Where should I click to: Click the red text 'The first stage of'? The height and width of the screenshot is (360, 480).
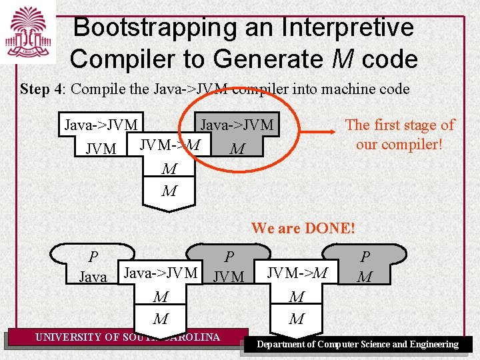tap(399, 125)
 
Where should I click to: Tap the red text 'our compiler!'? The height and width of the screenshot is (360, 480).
tap(399, 143)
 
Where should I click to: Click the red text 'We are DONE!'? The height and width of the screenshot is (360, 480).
tap(303, 228)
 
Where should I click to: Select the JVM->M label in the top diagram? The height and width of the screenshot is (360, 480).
tap(169, 144)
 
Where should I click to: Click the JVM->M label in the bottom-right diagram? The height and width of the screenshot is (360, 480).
tap(297, 272)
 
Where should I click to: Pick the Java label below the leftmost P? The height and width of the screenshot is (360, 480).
tap(93, 277)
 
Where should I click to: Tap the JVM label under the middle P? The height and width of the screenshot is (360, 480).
tap(229, 276)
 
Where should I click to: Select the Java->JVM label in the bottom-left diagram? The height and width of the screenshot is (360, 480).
tap(161, 272)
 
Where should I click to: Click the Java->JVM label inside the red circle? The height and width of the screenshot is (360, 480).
tap(237, 125)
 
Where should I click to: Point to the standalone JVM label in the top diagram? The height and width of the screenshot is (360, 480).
tap(101, 149)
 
